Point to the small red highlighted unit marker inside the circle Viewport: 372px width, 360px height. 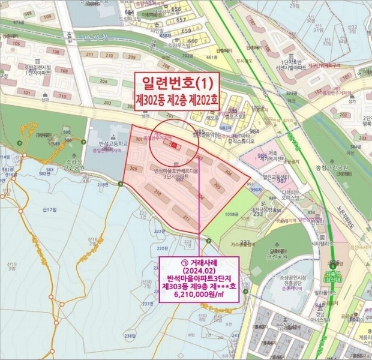click(174, 145)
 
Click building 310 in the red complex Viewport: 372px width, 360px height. click(158, 193)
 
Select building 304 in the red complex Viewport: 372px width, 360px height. click(227, 172)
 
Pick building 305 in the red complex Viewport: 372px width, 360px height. click(217, 187)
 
